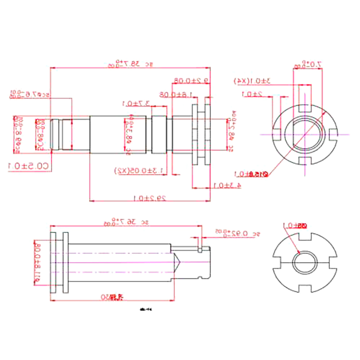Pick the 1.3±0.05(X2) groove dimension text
point(139,171)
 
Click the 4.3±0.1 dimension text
point(228,184)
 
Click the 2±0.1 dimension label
point(252,94)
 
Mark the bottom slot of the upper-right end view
point(304,160)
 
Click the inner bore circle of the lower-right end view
point(304,262)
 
